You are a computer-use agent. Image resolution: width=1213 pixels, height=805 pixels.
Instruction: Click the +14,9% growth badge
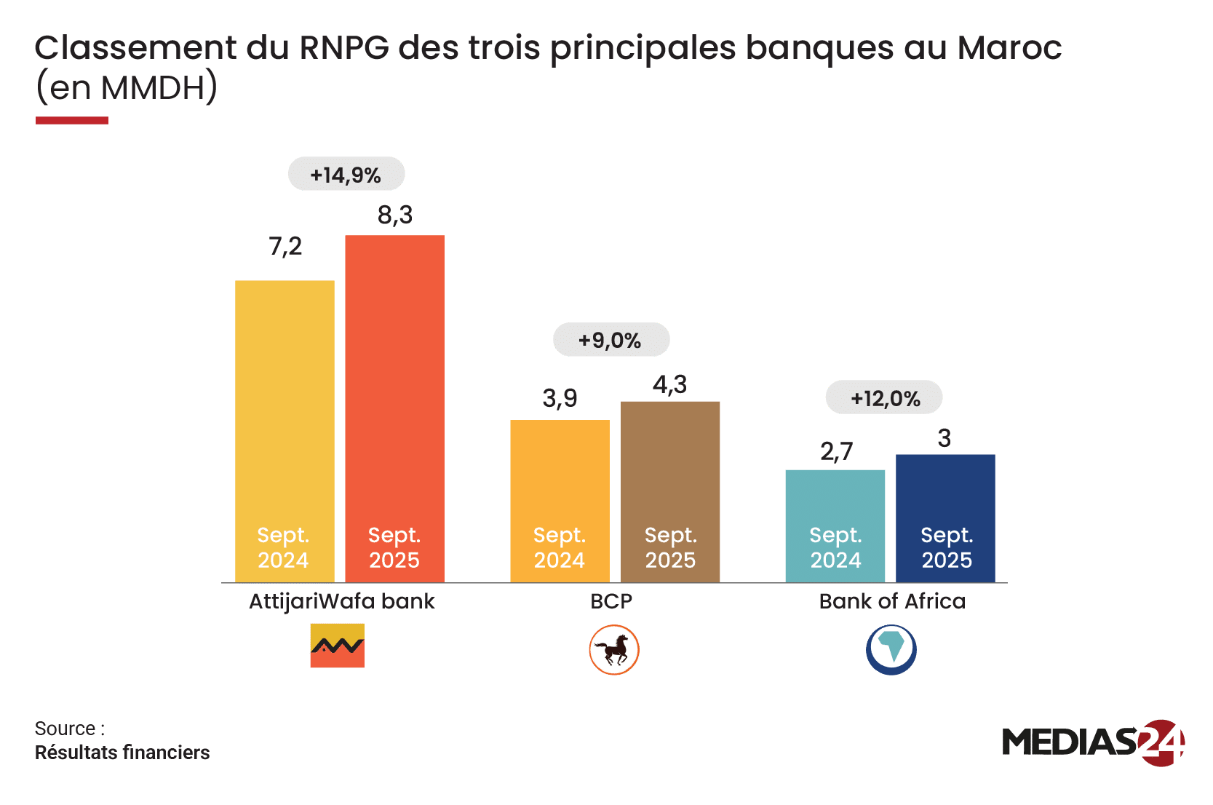click(346, 174)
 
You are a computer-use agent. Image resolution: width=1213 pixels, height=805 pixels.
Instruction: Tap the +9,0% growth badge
click(611, 340)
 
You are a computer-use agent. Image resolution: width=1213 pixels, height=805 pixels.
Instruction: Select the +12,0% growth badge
click(884, 398)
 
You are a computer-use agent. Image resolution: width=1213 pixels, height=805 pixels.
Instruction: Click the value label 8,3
click(394, 215)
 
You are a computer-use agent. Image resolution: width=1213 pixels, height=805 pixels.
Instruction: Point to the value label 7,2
click(285, 247)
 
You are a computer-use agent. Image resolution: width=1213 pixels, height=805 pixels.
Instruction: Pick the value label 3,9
click(560, 398)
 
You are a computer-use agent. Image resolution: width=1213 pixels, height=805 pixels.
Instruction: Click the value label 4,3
click(669, 384)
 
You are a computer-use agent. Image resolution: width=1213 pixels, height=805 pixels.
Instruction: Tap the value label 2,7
click(836, 452)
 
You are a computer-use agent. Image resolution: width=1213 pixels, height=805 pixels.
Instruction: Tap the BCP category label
click(611, 601)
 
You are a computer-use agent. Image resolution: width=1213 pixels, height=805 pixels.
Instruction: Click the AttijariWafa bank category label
click(341, 601)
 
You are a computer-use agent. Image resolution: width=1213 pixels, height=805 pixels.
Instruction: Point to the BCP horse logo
click(614, 649)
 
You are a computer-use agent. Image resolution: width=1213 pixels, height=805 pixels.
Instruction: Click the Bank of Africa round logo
click(891, 649)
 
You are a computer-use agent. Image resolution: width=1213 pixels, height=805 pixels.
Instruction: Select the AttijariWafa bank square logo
click(337, 646)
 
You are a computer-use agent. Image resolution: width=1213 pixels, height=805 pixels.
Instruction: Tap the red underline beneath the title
click(72, 121)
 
